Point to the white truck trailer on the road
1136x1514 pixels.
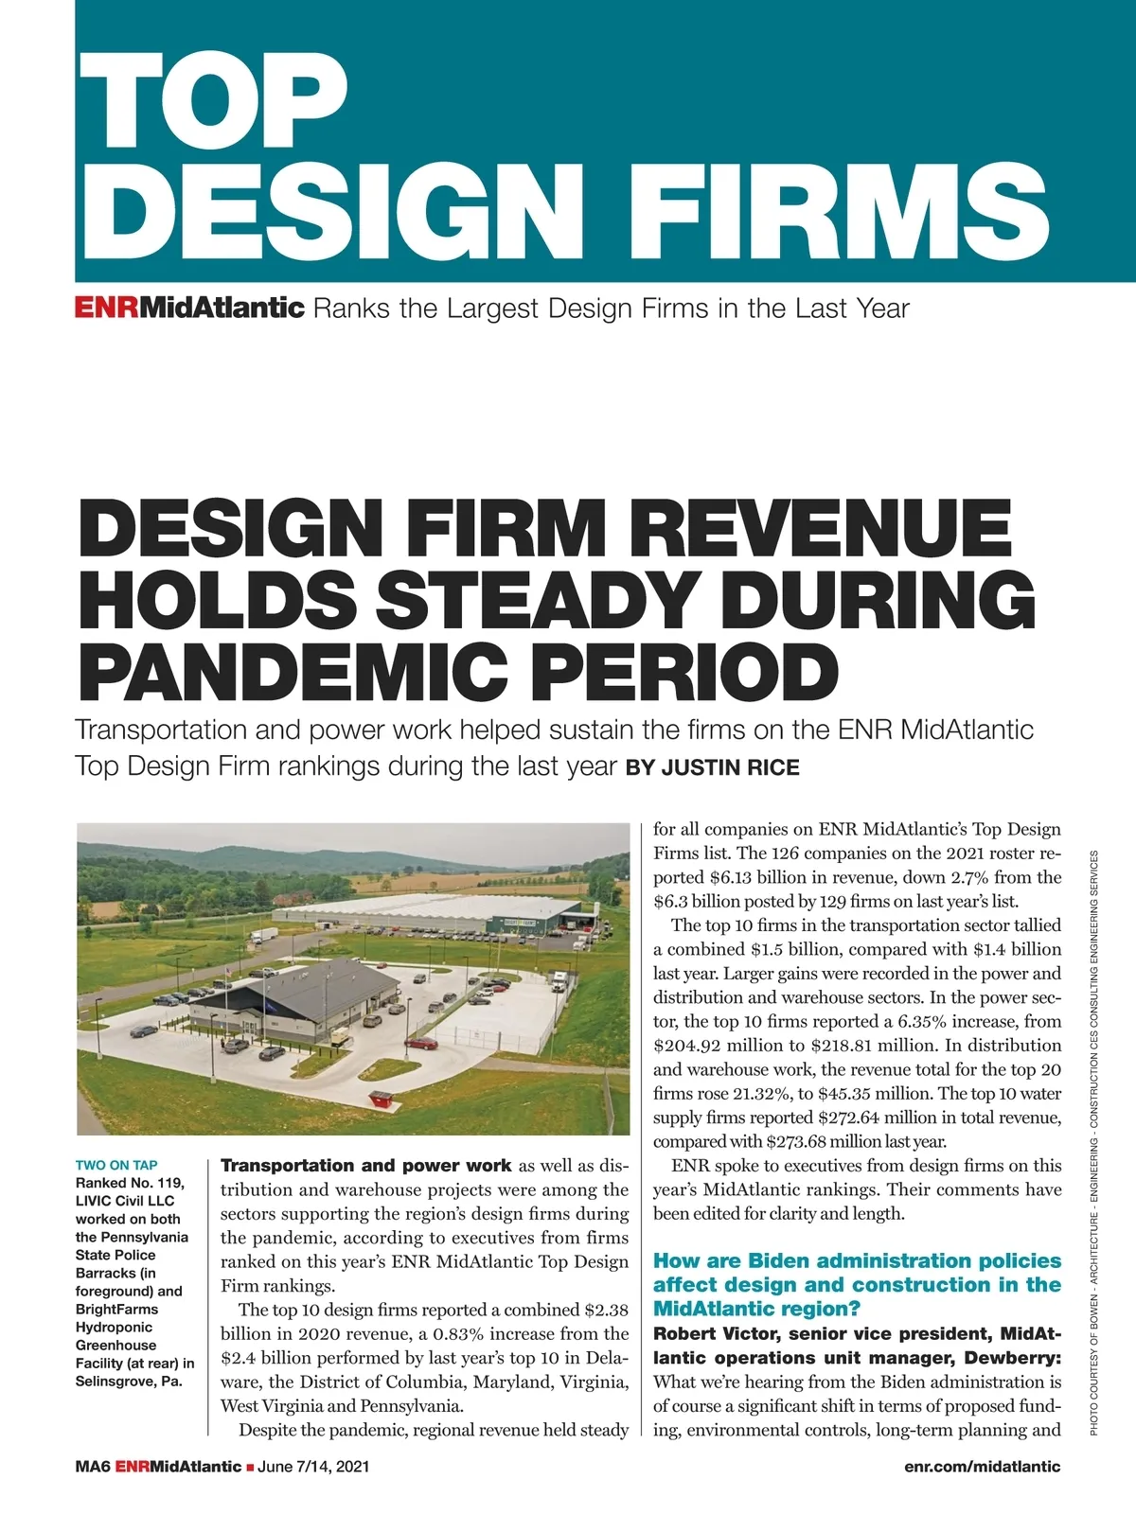tap(264, 935)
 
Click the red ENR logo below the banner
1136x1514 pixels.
tap(107, 308)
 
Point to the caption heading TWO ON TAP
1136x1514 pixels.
tap(116, 1165)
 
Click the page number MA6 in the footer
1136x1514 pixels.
tap(93, 1467)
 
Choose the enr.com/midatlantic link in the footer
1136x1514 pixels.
tap(982, 1467)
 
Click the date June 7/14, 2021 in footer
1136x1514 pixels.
tap(312, 1467)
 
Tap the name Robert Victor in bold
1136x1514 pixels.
tap(710, 1334)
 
